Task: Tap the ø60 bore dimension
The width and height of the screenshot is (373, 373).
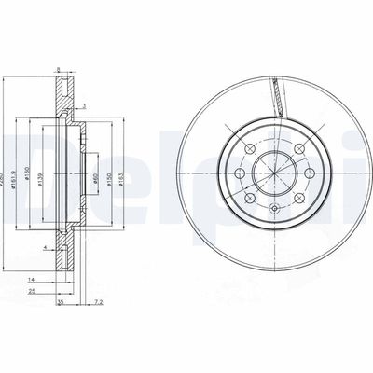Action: [x=96, y=169]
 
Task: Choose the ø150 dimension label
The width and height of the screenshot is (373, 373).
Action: [x=112, y=169]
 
